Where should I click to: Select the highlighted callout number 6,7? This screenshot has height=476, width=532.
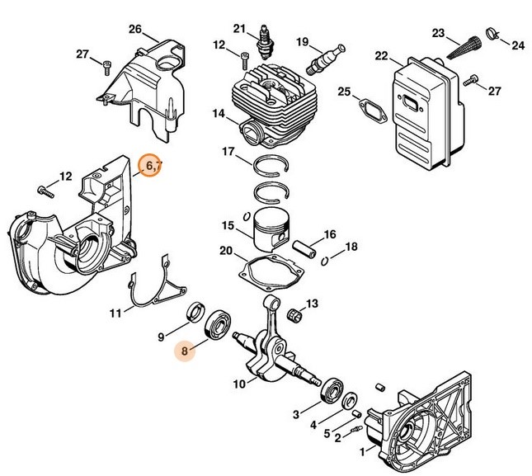tap(152, 167)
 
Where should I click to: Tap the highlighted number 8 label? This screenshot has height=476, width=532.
tap(186, 351)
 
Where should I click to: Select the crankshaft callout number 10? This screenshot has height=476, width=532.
tap(238, 384)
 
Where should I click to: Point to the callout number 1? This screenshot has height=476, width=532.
tap(361, 452)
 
